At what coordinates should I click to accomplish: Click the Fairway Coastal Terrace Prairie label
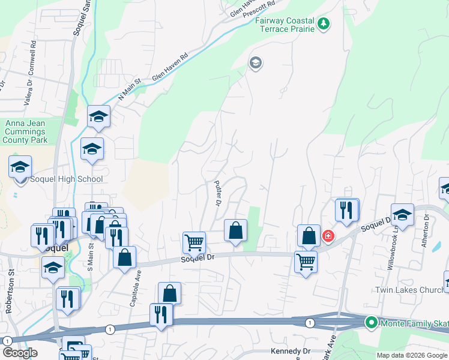click(285, 25)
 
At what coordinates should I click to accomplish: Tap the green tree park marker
click(324, 23)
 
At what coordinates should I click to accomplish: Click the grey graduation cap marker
click(256, 63)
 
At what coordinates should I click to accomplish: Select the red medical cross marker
click(328, 236)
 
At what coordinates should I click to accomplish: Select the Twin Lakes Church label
click(410, 290)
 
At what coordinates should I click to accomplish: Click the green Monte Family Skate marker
click(372, 323)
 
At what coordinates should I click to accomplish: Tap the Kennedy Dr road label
click(291, 351)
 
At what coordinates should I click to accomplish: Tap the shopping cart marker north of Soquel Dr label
click(194, 242)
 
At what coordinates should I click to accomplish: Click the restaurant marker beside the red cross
click(347, 209)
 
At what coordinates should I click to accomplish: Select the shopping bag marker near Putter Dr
click(235, 230)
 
